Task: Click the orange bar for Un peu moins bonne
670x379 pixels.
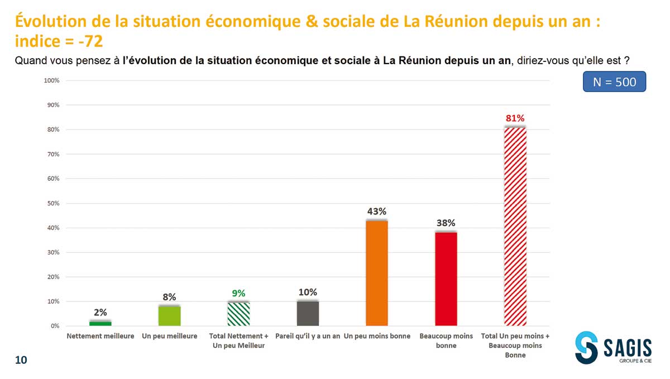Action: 377,273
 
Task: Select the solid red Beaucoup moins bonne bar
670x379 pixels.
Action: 446,279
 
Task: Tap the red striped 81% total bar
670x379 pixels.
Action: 515,226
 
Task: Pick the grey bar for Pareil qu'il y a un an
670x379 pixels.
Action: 308,313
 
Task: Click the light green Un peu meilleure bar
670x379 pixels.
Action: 169,315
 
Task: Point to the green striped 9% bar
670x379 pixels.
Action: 238,314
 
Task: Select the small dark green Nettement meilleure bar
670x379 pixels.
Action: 100,323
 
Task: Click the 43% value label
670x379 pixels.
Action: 377,212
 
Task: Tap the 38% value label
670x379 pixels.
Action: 446,223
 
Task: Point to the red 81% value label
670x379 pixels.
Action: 515,118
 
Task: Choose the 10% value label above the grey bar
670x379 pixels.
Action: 308,292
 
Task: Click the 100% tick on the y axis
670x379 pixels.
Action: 51,81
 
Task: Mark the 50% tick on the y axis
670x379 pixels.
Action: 52,203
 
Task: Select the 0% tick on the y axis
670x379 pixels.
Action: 54,326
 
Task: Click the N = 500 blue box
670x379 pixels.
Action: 614,81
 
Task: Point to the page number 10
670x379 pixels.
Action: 21,360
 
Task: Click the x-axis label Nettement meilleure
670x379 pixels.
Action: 100,336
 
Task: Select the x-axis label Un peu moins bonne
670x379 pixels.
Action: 377,336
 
